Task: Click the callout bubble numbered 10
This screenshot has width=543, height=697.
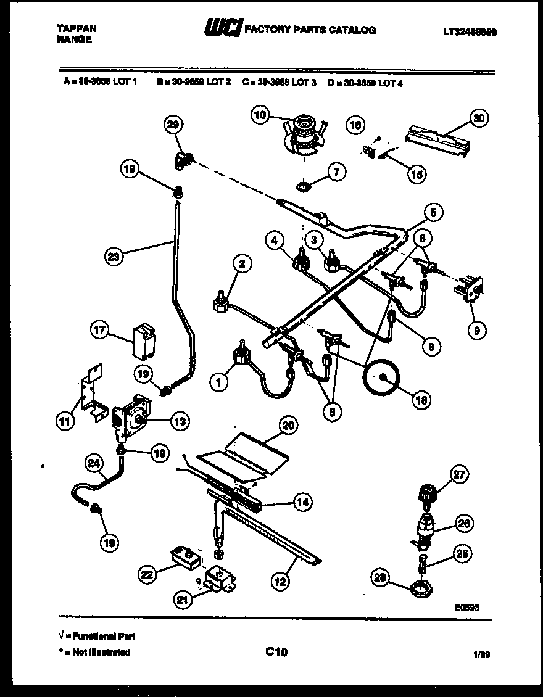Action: coord(260,115)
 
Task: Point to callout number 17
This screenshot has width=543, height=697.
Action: coord(99,330)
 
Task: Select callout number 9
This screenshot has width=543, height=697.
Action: coord(476,331)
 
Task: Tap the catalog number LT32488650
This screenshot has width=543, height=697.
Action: coord(470,32)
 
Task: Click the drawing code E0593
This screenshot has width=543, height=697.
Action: coord(466,608)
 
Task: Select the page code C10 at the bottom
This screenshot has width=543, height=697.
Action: coord(276,651)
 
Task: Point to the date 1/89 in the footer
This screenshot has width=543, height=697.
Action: coord(483,654)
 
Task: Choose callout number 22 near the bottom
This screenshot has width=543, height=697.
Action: coord(146,574)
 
